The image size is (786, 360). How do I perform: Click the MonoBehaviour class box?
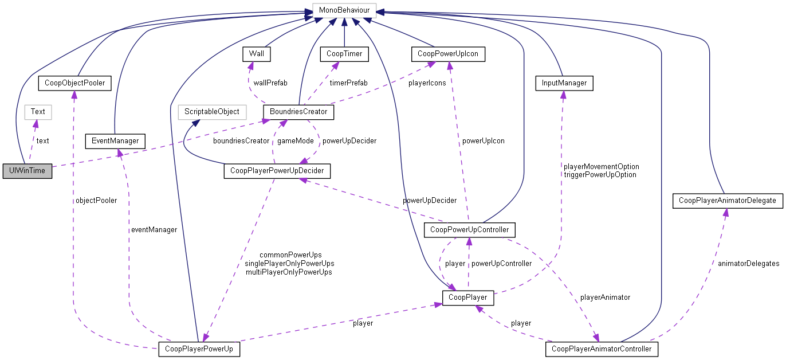click(x=344, y=10)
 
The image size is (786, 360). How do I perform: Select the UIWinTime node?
click(x=27, y=171)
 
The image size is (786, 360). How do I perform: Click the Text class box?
click(x=38, y=111)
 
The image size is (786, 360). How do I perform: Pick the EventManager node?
click(x=115, y=140)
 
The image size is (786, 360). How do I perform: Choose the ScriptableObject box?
click(x=211, y=111)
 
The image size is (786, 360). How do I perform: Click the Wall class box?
click(x=256, y=54)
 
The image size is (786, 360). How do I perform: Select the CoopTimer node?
click(x=344, y=54)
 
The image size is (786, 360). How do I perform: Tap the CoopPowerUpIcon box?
click(x=448, y=54)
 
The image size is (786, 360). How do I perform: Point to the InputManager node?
click(x=564, y=83)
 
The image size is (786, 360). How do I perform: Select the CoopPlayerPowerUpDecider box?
click(x=277, y=171)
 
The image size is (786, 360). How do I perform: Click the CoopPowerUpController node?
click(x=469, y=230)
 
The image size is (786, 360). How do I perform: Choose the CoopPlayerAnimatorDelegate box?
click(x=727, y=200)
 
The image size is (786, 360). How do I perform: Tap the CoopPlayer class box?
click(x=468, y=298)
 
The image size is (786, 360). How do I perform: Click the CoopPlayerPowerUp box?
click(x=199, y=349)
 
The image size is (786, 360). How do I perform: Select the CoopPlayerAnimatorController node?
click(x=602, y=349)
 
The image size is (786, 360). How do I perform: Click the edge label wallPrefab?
click(x=270, y=83)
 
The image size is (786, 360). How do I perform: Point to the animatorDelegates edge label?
click(x=748, y=263)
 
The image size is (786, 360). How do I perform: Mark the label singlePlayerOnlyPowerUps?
click(x=289, y=263)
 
